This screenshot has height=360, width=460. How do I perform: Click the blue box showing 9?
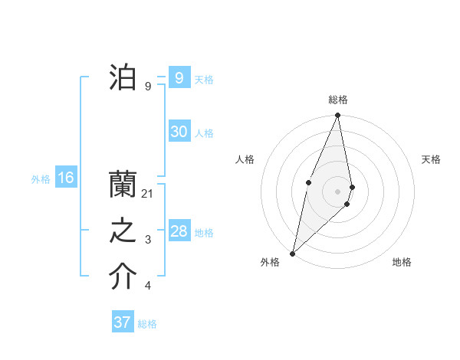[x=179, y=78]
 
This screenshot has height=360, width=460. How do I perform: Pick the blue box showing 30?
[x=179, y=132]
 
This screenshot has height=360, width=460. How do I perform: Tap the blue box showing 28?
[x=179, y=231]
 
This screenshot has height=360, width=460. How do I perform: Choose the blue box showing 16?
[x=66, y=178]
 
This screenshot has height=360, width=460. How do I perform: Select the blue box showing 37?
[x=123, y=322]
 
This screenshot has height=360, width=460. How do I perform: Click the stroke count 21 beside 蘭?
[x=148, y=194]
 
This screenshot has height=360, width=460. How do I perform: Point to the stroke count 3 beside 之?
[x=148, y=241]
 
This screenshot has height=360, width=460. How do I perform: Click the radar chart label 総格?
[x=337, y=100]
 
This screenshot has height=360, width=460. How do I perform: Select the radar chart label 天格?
[x=431, y=159]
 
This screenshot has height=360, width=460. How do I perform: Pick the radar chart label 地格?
[x=402, y=262]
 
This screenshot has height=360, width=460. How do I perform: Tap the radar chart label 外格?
[x=270, y=262]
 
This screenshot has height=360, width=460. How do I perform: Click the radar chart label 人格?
[x=245, y=159]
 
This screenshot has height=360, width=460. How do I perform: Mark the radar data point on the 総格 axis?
[x=337, y=116]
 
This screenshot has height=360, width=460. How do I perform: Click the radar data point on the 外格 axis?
[x=292, y=253]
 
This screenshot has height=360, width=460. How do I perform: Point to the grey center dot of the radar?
[x=337, y=191]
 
